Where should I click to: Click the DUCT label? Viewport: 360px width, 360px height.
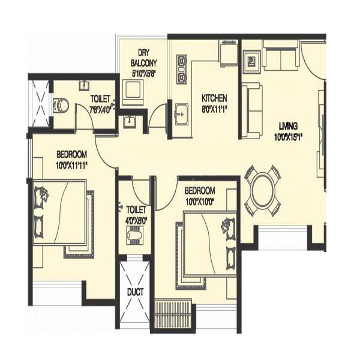[x=134, y=293]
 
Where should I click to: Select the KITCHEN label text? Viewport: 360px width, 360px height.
[x=214, y=98]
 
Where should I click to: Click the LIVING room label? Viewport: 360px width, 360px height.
[x=289, y=126]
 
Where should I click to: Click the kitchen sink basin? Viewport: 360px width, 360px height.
[x=182, y=115]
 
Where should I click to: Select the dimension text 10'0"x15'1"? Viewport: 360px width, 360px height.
[x=289, y=136]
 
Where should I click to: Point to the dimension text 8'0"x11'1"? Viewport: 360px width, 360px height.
[x=214, y=109]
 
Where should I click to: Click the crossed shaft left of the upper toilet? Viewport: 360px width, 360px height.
[x=40, y=103]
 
